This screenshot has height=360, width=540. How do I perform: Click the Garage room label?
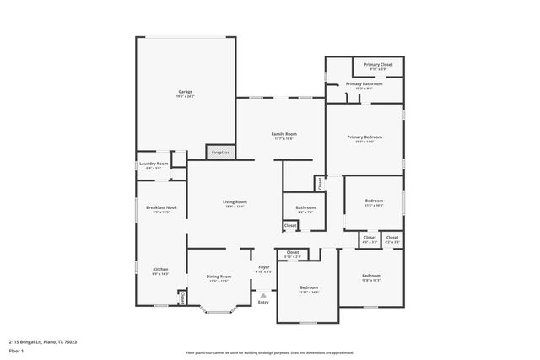186,92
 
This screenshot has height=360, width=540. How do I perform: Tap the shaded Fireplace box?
219,153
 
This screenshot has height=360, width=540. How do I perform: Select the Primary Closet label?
378,65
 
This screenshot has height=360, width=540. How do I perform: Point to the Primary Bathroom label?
364,84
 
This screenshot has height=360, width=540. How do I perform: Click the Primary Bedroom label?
364,137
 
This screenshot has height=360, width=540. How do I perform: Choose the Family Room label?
283,134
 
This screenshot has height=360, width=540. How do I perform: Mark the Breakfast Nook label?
160,207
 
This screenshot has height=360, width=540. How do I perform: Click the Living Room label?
235,202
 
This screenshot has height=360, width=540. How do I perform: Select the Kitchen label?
160,270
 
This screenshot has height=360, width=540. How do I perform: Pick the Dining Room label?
219,277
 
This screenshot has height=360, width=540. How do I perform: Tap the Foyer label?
263,268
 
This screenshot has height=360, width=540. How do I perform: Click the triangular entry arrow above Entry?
263,295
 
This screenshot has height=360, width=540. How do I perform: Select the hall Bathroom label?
305,207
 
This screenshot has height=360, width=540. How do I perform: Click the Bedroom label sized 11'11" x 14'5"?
309,287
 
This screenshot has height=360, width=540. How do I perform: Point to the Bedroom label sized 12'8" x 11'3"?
371,276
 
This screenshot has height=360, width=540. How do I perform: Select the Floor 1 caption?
16,351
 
